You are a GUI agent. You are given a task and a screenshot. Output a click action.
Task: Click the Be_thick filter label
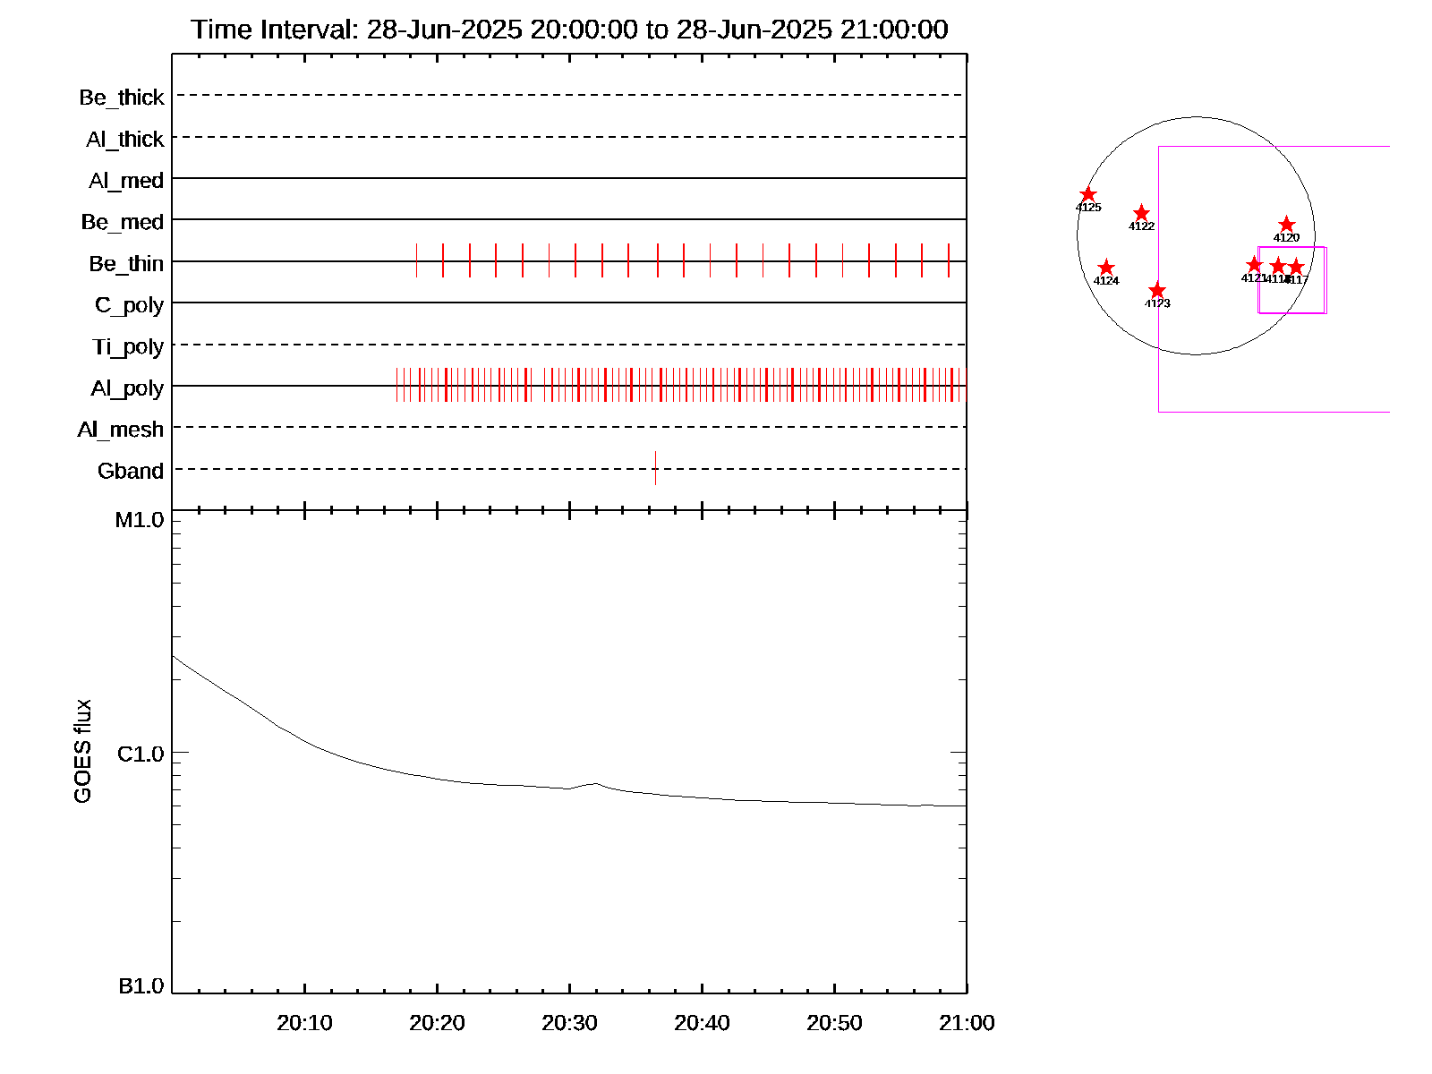pyautogui.click(x=122, y=98)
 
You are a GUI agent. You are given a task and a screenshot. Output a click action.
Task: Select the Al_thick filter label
pyautogui.click(x=125, y=140)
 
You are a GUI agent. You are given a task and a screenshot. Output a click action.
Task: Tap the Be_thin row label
pyautogui.click(x=126, y=264)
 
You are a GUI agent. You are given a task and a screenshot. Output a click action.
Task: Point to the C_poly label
pyautogui.click(x=129, y=305)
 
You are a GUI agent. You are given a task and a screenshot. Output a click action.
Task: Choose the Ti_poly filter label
pyautogui.click(x=128, y=346)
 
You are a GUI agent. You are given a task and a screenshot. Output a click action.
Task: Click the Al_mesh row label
pyautogui.click(x=121, y=430)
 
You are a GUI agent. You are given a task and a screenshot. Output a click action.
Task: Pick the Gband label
pyautogui.click(x=131, y=472)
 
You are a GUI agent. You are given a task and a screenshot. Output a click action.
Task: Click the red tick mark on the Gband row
pyautogui.click(x=656, y=467)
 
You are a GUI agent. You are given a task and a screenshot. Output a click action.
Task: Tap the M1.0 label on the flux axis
pyautogui.click(x=140, y=520)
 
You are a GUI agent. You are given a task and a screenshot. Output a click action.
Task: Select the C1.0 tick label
pyautogui.click(x=141, y=754)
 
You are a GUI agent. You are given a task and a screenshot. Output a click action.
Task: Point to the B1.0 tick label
pyautogui.click(x=141, y=986)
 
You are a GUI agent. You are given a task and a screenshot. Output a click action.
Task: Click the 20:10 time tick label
pyautogui.click(x=304, y=1023)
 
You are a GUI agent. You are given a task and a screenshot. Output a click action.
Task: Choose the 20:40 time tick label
pyautogui.click(x=702, y=1023)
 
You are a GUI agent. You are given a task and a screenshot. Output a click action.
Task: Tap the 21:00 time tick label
pyautogui.click(x=967, y=1023)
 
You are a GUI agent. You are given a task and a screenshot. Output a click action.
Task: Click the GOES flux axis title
pyautogui.click(x=82, y=752)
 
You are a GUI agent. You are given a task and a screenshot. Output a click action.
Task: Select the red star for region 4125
pyautogui.click(x=1088, y=195)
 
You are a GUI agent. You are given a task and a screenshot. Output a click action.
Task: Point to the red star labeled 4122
pyautogui.click(x=1141, y=213)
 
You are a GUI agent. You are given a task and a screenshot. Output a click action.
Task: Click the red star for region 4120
pyautogui.click(x=1286, y=224)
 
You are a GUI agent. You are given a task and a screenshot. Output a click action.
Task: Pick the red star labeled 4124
pyautogui.click(x=1106, y=268)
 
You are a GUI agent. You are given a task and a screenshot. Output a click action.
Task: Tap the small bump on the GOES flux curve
pyautogui.click(x=594, y=784)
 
